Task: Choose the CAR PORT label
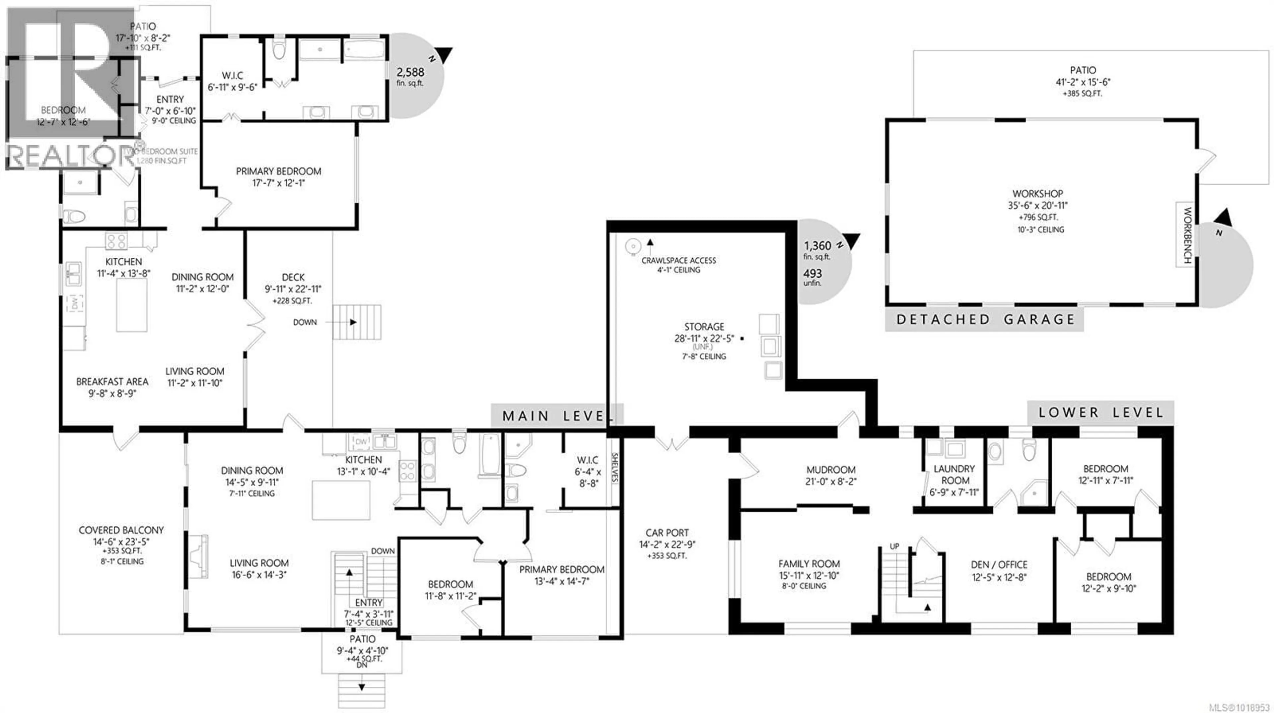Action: point(666,533)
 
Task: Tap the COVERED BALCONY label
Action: point(121,530)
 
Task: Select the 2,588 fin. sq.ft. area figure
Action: point(410,73)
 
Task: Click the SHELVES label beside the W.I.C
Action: point(615,467)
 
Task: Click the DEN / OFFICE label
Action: point(999,565)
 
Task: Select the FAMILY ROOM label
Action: point(809,564)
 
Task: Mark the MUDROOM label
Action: point(830,470)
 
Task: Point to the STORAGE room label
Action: point(704,327)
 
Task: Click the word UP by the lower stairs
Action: point(894,547)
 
